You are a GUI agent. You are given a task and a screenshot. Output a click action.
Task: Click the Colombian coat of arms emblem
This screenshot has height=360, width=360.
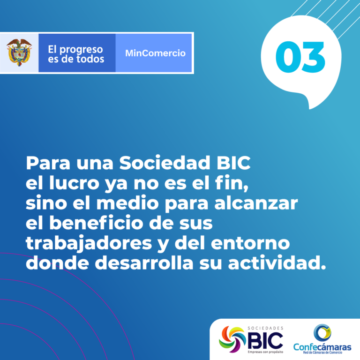pos(19,52)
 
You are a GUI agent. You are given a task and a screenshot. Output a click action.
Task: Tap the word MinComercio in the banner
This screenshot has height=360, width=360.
pos(155,53)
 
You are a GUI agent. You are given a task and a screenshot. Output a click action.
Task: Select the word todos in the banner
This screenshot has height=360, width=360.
pos(90,59)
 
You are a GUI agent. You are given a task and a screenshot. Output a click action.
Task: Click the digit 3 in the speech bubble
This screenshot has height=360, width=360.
pos(314,57)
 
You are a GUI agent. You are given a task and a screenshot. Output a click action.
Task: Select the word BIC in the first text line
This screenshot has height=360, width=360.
pos(233,163)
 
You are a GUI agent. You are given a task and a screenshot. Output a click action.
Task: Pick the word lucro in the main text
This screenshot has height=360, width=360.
pos(74,183)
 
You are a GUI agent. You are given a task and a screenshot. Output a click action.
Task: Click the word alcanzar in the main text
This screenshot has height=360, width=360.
pos(256,203)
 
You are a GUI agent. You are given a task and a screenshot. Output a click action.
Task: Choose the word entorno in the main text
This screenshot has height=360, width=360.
pos(250,243)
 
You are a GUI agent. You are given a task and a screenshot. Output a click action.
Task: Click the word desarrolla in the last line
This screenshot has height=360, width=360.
pos(144,263)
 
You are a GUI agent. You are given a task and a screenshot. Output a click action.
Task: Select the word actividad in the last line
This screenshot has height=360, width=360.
pos(274,263)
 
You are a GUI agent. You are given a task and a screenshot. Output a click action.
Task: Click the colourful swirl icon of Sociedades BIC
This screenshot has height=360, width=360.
pos(232,339)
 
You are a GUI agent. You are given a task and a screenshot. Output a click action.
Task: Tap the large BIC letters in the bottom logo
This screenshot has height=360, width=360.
pos(265,341)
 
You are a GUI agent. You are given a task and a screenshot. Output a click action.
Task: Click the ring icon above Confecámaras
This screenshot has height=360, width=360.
pos(322,333)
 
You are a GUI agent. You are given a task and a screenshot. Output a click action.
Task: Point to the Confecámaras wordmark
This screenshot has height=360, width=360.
pos(322,347)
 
